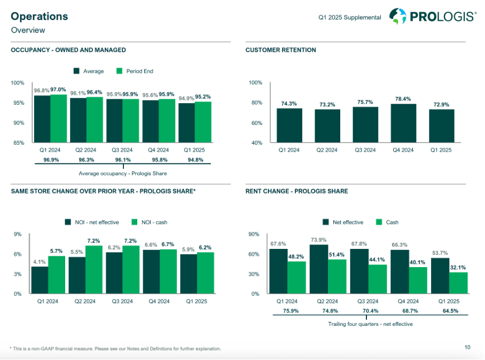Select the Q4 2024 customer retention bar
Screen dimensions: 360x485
tap(403, 123)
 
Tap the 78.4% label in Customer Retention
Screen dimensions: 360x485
tap(403, 99)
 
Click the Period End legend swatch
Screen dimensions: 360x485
tap(120, 71)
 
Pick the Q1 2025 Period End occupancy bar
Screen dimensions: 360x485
tap(203, 122)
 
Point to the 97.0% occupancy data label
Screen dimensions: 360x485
tap(58, 90)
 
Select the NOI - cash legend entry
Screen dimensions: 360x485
tap(149, 222)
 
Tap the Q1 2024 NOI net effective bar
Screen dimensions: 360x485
tap(40, 280)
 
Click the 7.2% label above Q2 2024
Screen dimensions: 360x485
tap(93, 241)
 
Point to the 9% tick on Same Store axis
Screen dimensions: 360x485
tap(18, 234)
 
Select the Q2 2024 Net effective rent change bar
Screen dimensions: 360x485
tap(318, 269)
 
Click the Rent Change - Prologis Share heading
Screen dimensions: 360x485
tap(296, 191)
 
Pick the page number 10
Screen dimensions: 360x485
tap(467, 348)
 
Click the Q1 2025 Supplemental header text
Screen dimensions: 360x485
tap(350, 18)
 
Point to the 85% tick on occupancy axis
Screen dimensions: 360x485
tap(18, 143)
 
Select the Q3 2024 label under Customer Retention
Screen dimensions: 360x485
tap(365, 150)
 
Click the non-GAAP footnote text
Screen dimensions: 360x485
tap(115, 349)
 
